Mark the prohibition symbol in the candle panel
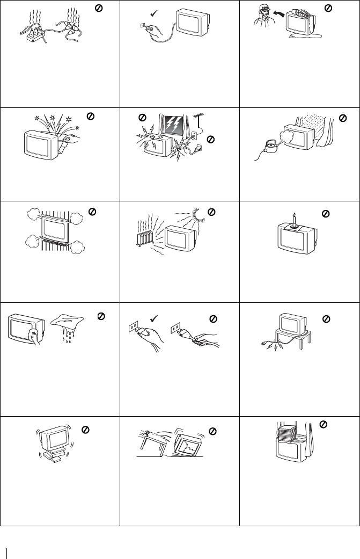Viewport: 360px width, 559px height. coord(324,214)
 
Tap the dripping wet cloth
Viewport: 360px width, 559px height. coord(72,326)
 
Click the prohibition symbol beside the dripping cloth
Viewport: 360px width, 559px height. coord(100,317)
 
